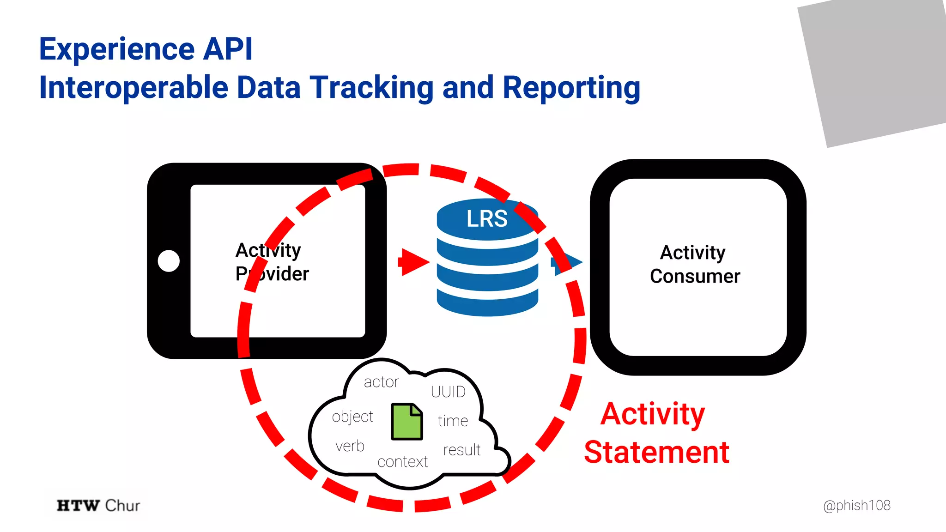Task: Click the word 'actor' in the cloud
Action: [x=381, y=382]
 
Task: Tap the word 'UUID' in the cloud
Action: [x=448, y=392]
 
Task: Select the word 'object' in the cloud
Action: [x=352, y=417]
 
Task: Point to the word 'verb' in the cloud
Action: [x=350, y=446]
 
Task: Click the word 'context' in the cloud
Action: [x=402, y=462]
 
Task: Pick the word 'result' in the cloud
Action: [x=462, y=450]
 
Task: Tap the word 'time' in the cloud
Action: [x=453, y=421]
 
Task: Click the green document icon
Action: [x=407, y=421]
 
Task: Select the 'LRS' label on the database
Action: [x=487, y=218]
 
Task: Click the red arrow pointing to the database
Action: [x=414, y=262]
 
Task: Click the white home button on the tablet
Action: [x=169, y=261]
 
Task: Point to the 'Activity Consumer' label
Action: [x=694, y=264]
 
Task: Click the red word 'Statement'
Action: [x=656, y=452]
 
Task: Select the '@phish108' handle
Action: [x=856, y=505]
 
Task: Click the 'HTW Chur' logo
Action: [x=98, y=505]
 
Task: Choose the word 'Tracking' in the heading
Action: [x=372, y=88]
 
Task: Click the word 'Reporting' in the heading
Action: [x=571, y=88]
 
